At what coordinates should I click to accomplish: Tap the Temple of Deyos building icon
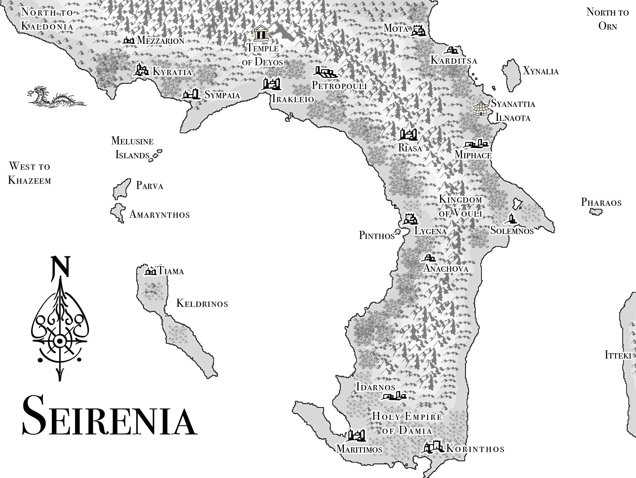tap(261, 33)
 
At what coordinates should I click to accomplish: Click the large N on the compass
tap(60, 266)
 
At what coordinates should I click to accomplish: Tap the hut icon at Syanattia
tap(481, 108)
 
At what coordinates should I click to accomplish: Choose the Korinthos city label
tap(475, 449)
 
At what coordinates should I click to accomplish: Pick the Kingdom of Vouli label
tap(460, 206)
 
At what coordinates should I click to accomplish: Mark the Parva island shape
tap(121, 188)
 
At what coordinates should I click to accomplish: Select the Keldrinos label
tap(202, 303)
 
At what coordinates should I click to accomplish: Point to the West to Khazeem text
tap(29, 173)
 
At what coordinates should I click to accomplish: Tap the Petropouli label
tap(339, 86)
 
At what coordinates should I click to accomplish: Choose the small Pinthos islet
tap(397, 232)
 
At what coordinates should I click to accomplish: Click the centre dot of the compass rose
tap(60, 341)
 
